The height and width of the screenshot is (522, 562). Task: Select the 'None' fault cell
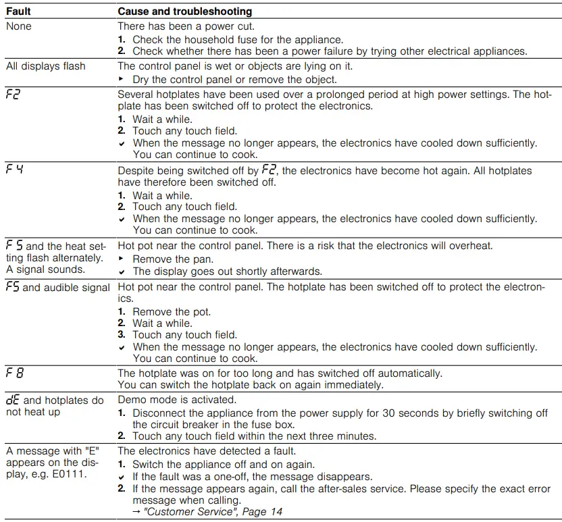[x=19, y=26]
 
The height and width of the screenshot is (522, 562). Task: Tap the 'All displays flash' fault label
[x=46, y=66]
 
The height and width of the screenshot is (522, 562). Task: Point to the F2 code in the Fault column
[x=14, y=94]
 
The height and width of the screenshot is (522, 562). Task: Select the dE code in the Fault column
[x=13, y=400]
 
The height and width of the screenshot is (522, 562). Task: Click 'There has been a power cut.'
[x=186, y=26]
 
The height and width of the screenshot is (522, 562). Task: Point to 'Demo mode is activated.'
[x=177, y=400]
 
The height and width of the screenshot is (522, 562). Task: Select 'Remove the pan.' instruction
[x=163, y=259]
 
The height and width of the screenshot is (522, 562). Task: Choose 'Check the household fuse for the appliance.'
[x=238, y=39]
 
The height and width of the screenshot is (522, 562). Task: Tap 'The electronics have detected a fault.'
[x=206, y=451]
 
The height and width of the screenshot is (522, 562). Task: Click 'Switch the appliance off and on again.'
[x=224, y=465]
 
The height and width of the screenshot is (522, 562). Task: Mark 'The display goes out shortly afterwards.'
[x=227, y=271]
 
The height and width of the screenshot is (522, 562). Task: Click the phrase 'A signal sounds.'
[x=46, y=269]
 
